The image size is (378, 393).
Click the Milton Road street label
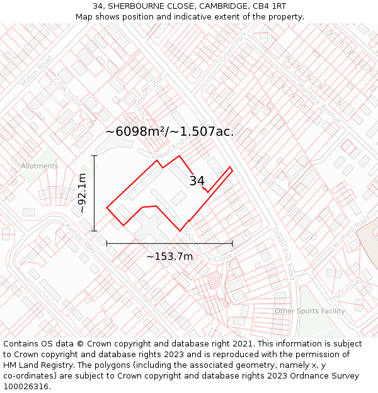tap(37, 71)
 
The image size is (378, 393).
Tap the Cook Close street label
tap(68, 91)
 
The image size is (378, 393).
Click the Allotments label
tap(39, 166)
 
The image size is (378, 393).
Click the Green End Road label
tap(283, 253)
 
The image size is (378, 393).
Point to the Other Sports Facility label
tap(309, 311)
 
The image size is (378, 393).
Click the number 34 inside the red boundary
tap(197, 181)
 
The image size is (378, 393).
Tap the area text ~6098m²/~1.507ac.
tap(169, 131)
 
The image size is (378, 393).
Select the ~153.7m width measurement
tap(169, 256)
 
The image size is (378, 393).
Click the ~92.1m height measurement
tap(83, 193)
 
